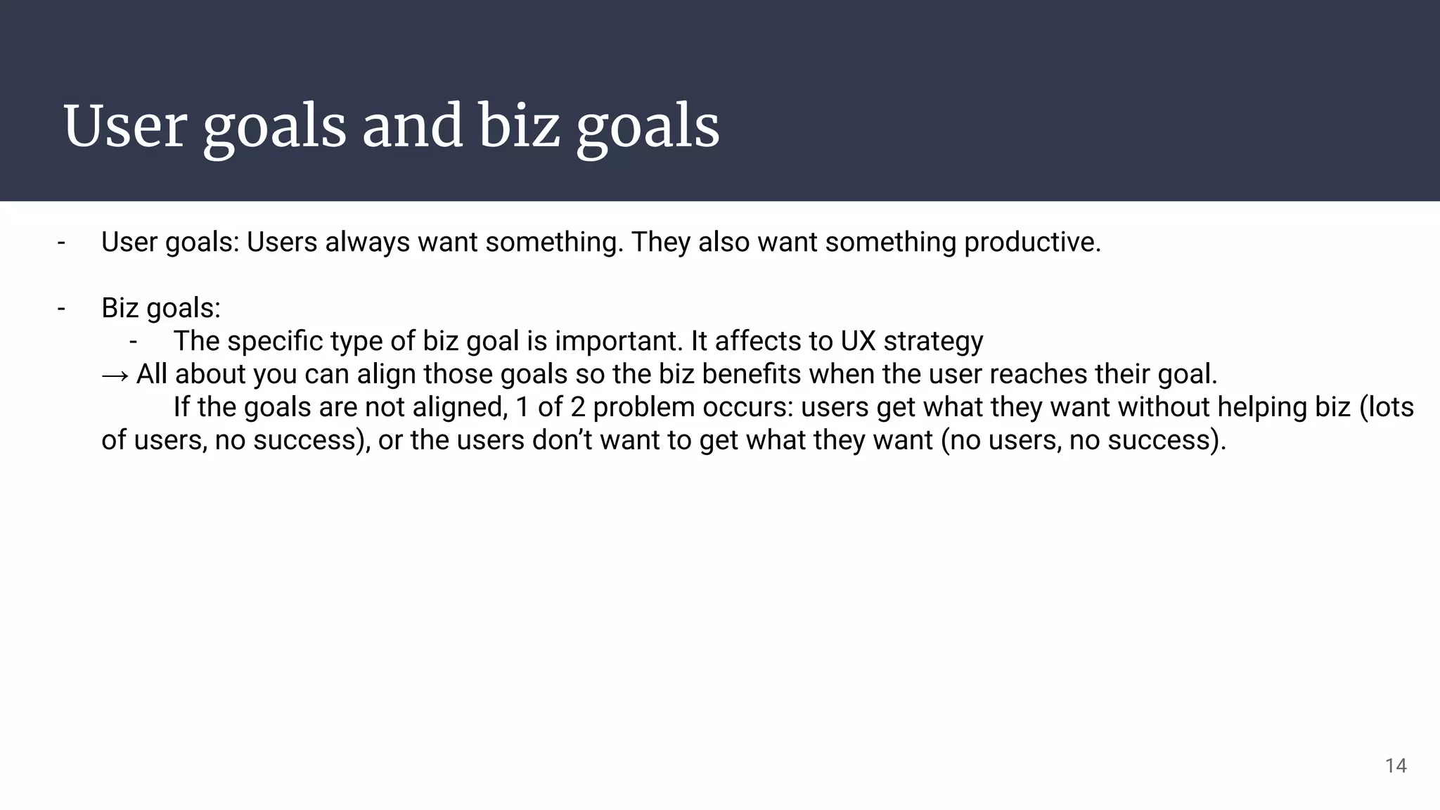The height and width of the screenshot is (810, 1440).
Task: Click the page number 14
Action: click(1395, 766)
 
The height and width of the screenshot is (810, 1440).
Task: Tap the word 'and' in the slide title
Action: click(412, 127)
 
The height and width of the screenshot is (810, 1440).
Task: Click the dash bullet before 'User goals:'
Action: click(61, 243)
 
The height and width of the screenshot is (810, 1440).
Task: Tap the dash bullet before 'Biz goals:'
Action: click(61, 308)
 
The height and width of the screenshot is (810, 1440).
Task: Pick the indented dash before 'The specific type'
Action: click(134, 341)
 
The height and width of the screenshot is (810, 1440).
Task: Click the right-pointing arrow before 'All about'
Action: click(115, 375)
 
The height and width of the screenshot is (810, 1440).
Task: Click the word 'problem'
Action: click(638, 408)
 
